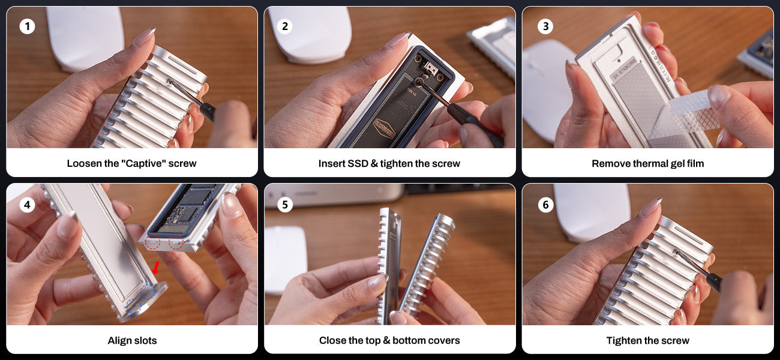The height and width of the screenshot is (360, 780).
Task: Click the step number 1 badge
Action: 27,26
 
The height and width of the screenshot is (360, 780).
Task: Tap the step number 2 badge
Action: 285,26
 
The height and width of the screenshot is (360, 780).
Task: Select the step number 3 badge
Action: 545,26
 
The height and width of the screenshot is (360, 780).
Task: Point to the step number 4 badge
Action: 27,205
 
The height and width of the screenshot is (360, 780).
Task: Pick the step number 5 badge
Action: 285,205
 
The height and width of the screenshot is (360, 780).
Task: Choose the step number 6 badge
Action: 545,205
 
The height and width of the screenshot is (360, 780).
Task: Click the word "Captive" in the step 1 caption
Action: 143,163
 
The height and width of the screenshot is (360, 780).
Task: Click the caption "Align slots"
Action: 133,340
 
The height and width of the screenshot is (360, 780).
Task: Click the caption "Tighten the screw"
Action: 647,340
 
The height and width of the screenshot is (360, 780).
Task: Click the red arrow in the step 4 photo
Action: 156,268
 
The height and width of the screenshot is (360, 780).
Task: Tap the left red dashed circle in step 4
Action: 153,242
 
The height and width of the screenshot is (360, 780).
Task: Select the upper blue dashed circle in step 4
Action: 148,292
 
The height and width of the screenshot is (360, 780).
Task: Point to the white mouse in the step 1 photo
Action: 85,38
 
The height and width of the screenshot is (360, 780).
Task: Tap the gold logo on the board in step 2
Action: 384,128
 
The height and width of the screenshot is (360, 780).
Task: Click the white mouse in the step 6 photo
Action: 592,212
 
